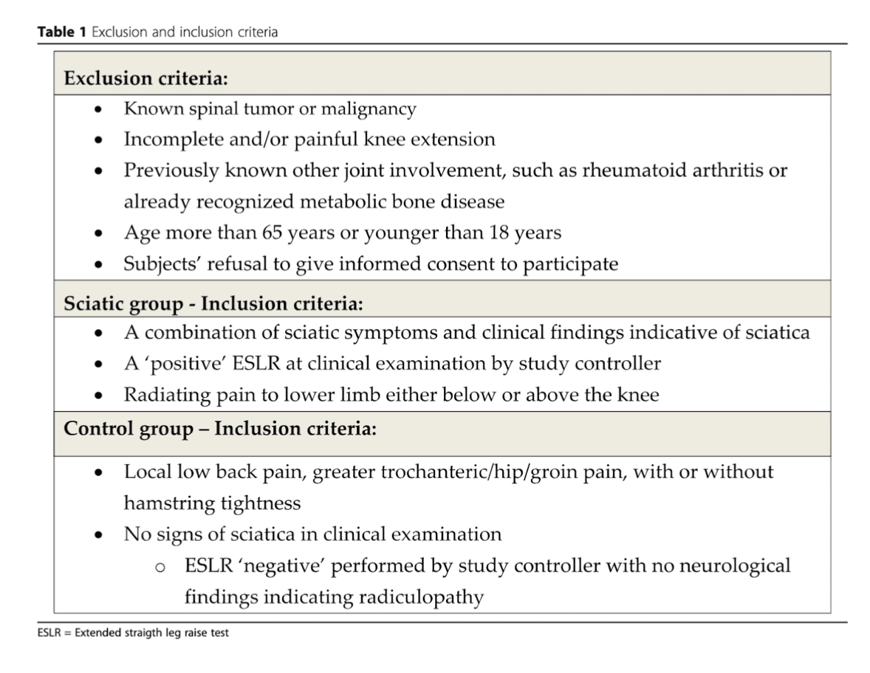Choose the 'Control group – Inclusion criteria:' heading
coord(220,429)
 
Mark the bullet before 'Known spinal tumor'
coord(98,110)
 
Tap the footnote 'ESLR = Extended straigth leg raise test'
coord(134,633)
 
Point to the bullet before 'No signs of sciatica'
coord(98,534)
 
